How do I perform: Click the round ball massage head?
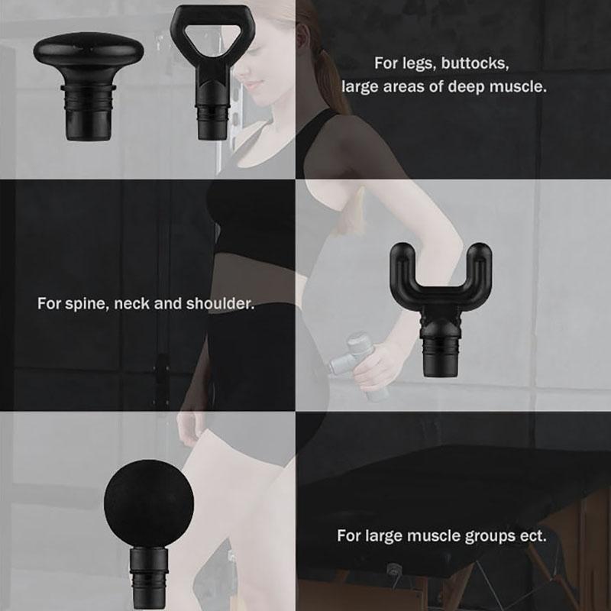(149, 534)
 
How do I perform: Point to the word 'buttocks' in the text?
(475, 63)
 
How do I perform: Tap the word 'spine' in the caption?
(88, 304)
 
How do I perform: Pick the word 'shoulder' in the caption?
(220, 303)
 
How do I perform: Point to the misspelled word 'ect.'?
(533, 536)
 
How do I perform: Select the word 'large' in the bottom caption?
(384, 536)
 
